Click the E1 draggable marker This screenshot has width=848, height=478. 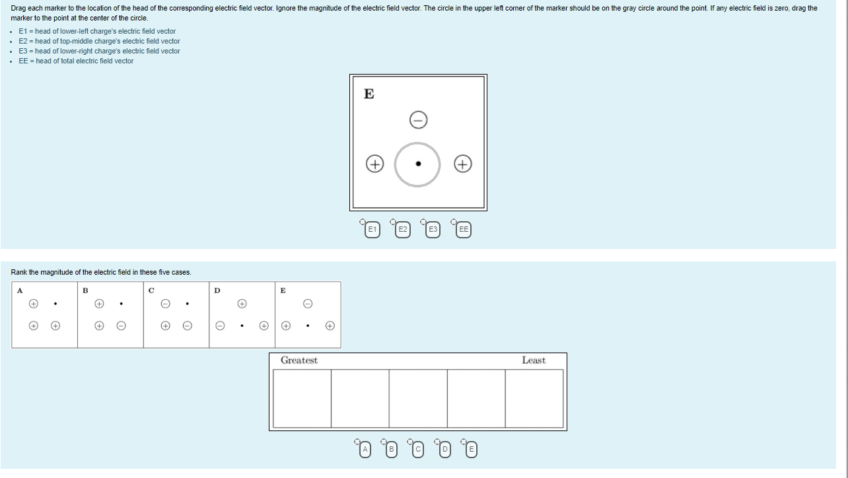(372, 230)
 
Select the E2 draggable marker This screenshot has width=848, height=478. (402, 230)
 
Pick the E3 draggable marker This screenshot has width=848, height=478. (433, 230)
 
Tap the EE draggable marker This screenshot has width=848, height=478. (464, 230)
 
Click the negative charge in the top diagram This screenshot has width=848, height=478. (418, 119)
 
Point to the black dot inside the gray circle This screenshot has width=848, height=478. (418, 164)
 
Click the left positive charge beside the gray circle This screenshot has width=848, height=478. (374, 164)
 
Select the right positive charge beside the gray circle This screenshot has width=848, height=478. (463, 164)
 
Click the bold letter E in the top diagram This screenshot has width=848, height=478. (369, 94)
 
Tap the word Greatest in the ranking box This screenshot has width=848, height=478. (299, 360)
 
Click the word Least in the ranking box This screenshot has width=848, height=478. (533, 360)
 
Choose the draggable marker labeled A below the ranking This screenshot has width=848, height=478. (365, 450)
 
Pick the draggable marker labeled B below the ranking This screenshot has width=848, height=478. (392, 450)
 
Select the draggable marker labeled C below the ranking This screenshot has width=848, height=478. (418, 450)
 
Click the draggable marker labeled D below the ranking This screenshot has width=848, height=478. (444, 450)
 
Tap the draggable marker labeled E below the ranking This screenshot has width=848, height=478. (471, 450)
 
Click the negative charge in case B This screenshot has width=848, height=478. (121, 325)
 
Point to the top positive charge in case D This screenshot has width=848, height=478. (242, 304)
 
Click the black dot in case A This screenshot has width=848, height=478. (55, 304)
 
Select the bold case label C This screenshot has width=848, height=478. (151, 290)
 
